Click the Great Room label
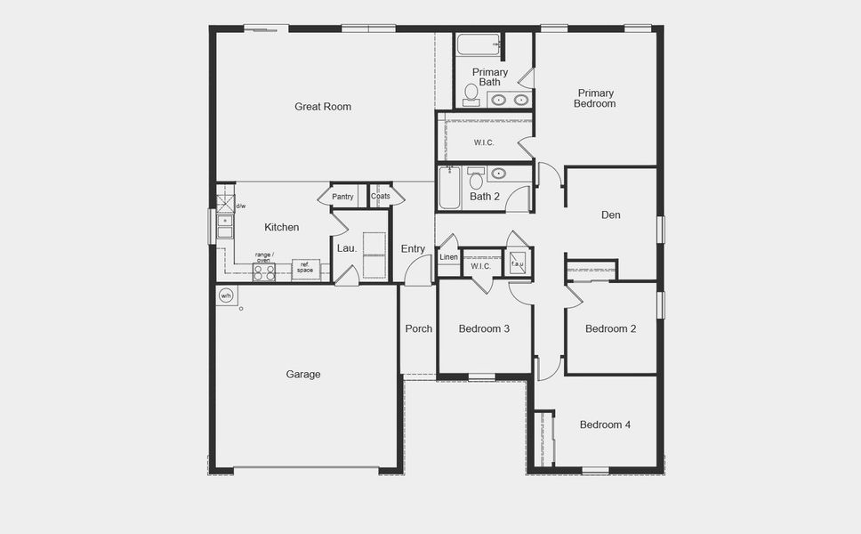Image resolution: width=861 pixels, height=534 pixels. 323,107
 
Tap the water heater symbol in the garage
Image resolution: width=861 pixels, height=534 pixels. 226,296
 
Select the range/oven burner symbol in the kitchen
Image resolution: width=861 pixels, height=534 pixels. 263,271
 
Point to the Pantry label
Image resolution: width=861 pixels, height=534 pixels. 342,197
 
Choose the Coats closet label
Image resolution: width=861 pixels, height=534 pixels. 381,197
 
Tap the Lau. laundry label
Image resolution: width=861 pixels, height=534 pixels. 346,249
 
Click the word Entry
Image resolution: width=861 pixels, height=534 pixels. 413,249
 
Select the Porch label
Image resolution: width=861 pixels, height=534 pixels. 418,328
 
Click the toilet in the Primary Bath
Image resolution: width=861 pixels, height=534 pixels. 471,94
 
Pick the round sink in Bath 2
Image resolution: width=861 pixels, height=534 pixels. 499,174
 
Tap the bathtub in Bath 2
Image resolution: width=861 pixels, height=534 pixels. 449,189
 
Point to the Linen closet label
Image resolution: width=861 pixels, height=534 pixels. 449,257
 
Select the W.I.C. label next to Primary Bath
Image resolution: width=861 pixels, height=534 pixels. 484,142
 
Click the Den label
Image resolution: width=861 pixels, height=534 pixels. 611,215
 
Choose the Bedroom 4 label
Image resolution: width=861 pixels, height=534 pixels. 605,425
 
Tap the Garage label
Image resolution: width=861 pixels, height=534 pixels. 303,375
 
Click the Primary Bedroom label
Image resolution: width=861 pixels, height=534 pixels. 596,98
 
